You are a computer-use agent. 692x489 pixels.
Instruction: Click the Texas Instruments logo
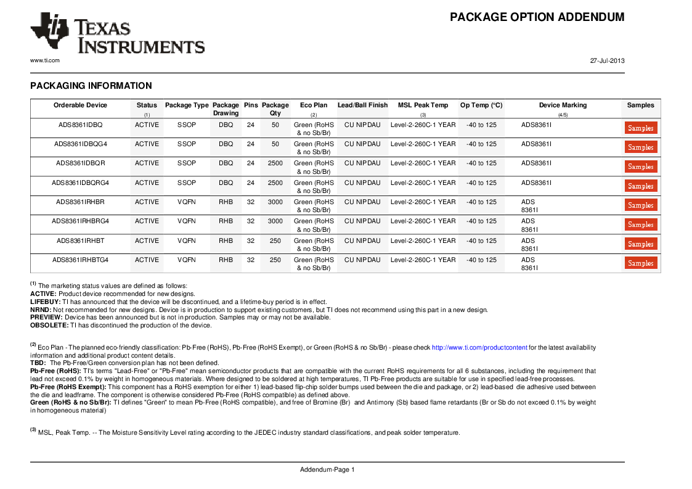pyautogui.click(x=117, y=34)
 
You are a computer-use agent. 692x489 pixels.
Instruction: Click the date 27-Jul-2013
pyautogui.click(x=607, y=60)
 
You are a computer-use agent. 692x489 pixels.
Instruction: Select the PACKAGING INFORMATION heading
pyautogui.click(x=91, y=86)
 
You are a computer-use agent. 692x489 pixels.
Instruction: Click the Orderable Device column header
pyautogui.click(x=80, y=105)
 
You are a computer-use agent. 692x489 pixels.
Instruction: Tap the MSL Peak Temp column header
pyautogui.click(x=423, y=105)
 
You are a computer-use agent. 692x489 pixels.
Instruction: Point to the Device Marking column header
pyautogui.click(x=563, y=105)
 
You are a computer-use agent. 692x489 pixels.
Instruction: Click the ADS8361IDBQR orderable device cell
pyautogui.click(x=80, y=163)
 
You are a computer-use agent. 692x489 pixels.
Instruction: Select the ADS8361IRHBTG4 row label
pyautogui.click(x=80, y=260)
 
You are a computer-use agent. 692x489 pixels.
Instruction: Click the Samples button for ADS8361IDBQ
pyautogui.click(x=641, y=128)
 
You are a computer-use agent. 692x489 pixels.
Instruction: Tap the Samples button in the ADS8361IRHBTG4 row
pyautogui.click(x=641, y=263)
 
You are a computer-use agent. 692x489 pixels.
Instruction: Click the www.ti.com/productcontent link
pyautogui.click(x=479, y=348)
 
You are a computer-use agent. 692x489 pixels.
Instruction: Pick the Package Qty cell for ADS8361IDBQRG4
pyautogui.click(x=275, y=183)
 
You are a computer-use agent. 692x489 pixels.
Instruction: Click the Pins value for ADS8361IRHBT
pyautogui.click(x=251, y=241)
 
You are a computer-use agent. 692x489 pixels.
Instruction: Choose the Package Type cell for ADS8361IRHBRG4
pyautogui.click(x=187, y=221)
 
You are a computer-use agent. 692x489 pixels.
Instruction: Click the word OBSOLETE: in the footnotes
pyautogui.click(x=49, y=326)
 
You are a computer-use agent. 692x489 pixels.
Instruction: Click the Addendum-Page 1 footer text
pyautogui.click(x=327, y=470)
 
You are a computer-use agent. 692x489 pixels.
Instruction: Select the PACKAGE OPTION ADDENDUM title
pyautogui.click(x=537, y=17)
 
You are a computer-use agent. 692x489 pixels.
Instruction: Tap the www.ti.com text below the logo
pyautogui.click(x=45, y=60)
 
